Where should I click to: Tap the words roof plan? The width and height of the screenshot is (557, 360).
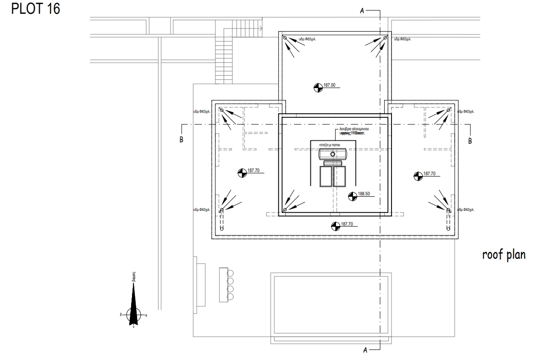coord(503,255)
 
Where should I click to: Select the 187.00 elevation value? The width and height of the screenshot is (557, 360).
coord(330,85)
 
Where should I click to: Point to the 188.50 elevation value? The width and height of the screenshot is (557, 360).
coord(364,194)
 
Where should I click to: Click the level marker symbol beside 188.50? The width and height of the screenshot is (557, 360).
coord(353,196)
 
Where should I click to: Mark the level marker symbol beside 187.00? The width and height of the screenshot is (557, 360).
coord(318,86)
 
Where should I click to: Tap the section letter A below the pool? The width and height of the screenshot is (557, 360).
coord(365,350)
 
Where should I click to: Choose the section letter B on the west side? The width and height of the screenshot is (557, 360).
coord(182,140)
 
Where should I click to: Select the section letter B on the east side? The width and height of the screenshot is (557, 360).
coord(469,140)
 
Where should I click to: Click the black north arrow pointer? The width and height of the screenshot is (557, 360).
coord(133,303)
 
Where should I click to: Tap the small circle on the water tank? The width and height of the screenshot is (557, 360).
coord(333,154)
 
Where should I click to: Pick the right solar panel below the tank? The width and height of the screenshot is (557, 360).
coord(339,177)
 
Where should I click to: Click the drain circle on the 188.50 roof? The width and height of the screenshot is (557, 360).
coord(285,210)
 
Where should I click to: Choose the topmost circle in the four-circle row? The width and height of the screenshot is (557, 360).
coord(231,273)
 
